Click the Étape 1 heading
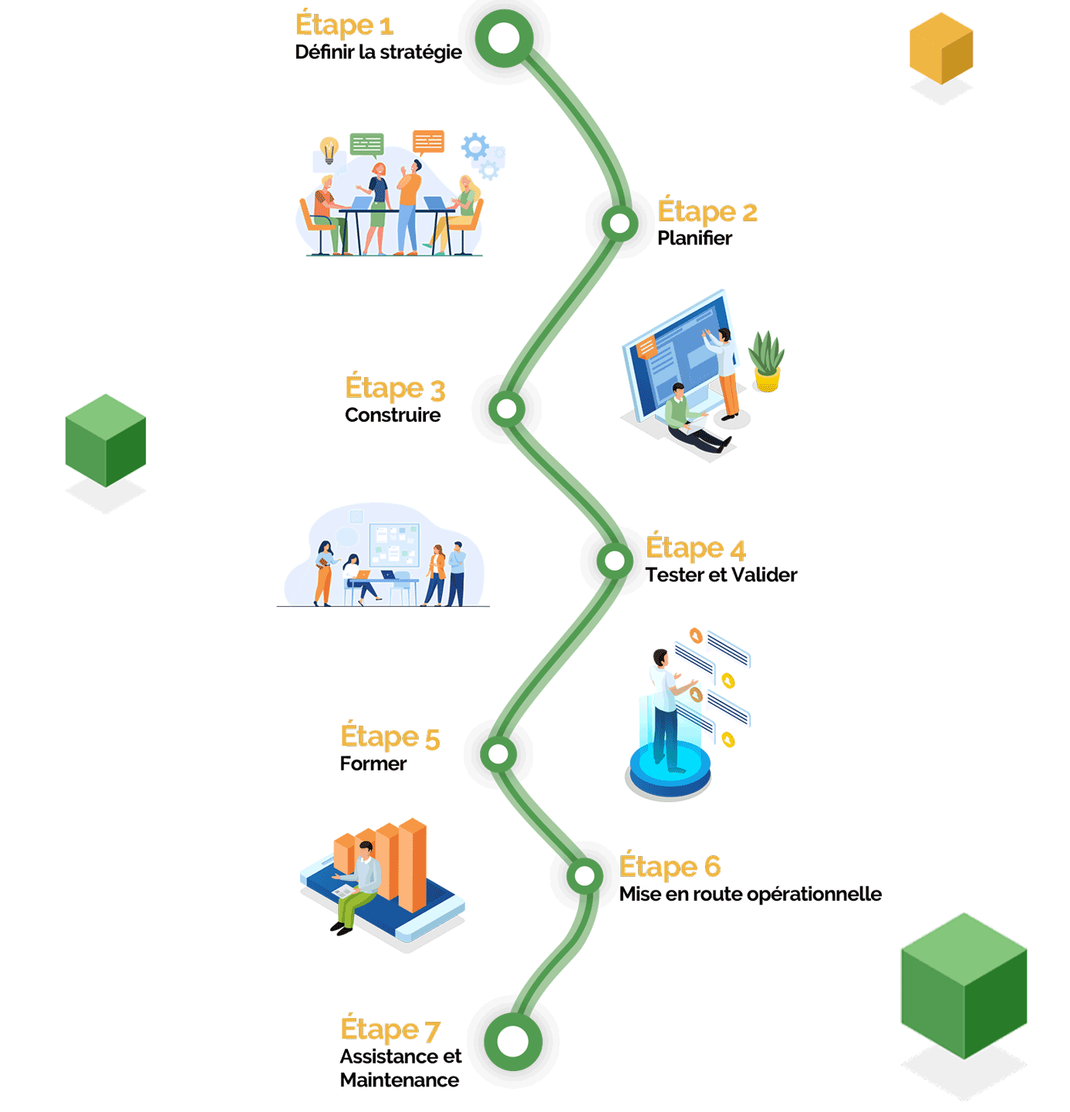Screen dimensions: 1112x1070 [344, 25]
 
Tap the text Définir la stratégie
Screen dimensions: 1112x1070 [378, 52]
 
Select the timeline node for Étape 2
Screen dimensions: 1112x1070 [619, 224]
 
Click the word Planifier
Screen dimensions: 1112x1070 [694, 238]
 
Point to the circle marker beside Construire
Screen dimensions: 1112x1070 [507, 409]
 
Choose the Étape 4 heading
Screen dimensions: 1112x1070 [695, 548]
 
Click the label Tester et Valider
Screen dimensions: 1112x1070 [721, 575]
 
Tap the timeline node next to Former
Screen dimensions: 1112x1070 [498, 753]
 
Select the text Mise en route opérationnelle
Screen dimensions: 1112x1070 [750, 895]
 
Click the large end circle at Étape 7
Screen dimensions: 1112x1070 [513, 1042]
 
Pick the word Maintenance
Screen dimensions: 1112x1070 [400, 1080]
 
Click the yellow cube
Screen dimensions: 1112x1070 [941, 48]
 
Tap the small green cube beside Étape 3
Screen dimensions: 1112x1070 [106, 440]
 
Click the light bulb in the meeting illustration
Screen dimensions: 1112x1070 [329, 149]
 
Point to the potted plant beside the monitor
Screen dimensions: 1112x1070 [766, 362]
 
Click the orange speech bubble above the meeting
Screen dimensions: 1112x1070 [428, 142]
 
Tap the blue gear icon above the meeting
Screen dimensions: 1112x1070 [474, 147]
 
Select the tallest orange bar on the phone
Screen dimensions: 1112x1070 [413, 864]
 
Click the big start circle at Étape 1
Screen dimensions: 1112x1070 [504, 39]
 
